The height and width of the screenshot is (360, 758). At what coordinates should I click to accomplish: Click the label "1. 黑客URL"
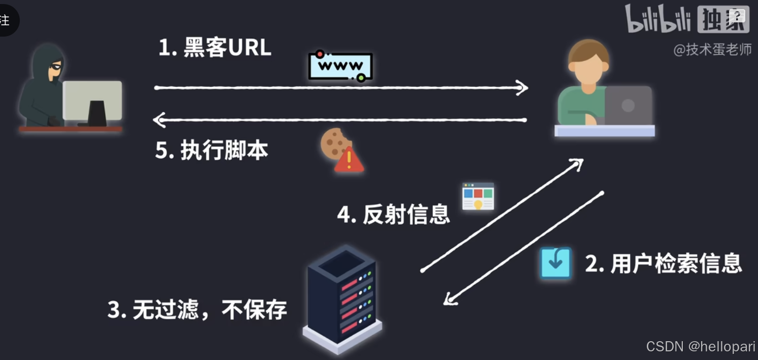pos(215,48)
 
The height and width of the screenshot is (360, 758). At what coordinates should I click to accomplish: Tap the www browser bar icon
pos(340,66)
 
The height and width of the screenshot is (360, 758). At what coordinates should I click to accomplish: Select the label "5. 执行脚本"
pos(211,151)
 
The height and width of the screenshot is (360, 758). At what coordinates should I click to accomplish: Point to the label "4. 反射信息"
pos(393,215)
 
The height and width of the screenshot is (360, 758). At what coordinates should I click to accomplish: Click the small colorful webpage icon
pos(478,196)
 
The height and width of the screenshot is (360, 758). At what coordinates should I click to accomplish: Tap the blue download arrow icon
pos(555,262)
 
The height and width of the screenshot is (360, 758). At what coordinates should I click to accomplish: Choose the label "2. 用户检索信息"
pos(663,263)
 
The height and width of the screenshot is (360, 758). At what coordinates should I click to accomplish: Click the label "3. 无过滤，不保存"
pos(197,309)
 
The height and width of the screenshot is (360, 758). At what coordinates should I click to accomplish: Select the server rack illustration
pos(343,300)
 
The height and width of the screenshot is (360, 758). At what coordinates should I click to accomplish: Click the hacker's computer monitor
pos(92,102)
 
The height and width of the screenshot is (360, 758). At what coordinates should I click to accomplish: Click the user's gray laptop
pos(628,106)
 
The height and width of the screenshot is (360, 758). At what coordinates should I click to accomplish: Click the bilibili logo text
pos(658,19)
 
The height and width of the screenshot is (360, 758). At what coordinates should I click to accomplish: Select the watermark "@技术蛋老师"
pos(712,49)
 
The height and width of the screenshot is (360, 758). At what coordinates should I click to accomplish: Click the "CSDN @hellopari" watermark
pos(701,346)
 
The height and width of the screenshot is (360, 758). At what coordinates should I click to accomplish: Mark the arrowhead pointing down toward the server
pos(450,299)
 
